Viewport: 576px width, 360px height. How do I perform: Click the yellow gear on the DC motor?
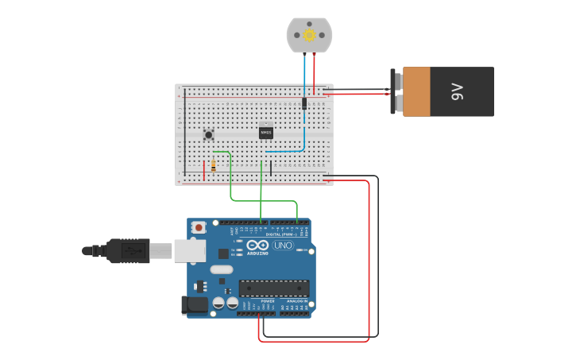click(309, 35)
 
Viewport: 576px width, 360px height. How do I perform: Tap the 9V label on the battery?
click(457, 91)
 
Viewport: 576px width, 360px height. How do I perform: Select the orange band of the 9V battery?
click(416, 91)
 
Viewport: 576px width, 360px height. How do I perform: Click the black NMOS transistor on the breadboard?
click(266, 133)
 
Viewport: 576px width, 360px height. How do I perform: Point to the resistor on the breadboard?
click(214, 164)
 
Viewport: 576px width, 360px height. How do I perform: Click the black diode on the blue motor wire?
click(304, 103)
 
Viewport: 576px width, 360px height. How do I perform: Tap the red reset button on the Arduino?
click(197, 228)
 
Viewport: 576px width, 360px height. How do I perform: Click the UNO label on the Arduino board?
click(283, 246)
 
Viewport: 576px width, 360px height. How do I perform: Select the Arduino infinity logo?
click(257, 245)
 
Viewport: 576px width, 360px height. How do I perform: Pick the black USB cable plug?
click(127, 250)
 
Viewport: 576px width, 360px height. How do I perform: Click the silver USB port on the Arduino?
click(190, 250)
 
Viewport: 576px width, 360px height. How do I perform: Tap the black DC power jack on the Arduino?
click(195, 304)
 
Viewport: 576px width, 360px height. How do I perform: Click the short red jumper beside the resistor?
click(204, 169)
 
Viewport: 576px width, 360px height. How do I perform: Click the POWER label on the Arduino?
click(268, 301)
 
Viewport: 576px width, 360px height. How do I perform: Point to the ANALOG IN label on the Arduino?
click(296, 301)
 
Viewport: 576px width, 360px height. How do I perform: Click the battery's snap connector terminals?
click(395, 91)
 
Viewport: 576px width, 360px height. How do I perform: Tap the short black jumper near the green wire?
click(271, 168)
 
